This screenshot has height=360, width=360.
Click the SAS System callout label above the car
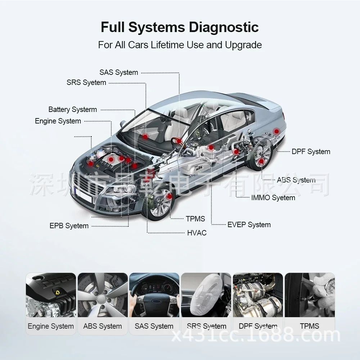pyautogui.click(x=119, y=72)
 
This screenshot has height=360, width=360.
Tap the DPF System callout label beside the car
pyautogui.click(x=311, y=152)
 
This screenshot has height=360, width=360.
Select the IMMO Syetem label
pyautogui.click(x=273, y=198)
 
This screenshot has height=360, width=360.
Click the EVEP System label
pyautogui.click(x=249, y=225)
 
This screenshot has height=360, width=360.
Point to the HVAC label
pyautogui.click(x=197, y=233)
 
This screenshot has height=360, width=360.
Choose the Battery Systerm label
pyautogui.click(x=73, y=109)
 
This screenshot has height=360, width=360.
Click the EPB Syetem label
pyautogui.click(x=69, y=226)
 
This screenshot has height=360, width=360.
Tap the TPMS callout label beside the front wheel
pyautogui.click(x=195, y=219)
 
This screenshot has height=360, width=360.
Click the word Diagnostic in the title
pyautogui.click(x=224, y=28)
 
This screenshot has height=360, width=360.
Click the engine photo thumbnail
pyautogui.click(x=51, y=295)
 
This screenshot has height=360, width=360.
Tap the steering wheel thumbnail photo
pyautogui.click(x=154, y=295)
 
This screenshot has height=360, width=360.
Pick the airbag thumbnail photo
pyautogui.click(x=206, y=295)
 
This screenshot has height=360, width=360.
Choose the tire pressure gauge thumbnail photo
pyautogui.click(x=310, y=295)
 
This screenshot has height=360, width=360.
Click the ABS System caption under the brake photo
pyautogui.click(x=102, y=326)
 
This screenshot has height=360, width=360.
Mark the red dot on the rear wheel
pyautogui.click(x=261, y=161)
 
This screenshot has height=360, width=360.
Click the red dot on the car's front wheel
pyautogui.click(x=170, y=196)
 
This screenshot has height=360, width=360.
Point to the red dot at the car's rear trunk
pyautogui.click(x=276, y=131)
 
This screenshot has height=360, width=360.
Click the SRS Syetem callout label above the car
pyautogui.click(x=86, y=82)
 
